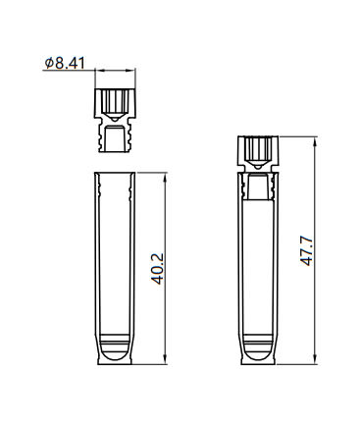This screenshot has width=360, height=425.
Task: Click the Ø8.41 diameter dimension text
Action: point(65,63)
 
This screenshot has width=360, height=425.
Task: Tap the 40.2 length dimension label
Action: point(158,268)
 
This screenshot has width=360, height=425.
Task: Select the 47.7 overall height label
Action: point(307,250)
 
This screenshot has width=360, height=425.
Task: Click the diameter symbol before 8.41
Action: point(49,63)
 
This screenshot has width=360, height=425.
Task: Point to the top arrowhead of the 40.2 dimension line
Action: point(166,177)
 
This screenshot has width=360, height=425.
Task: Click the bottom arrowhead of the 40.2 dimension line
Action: point(166,359)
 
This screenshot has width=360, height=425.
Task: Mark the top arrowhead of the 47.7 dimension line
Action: point(315,140)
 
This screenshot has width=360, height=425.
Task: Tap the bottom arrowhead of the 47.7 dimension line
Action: point(315,359)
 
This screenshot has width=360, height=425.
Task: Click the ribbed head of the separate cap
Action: point(115,102)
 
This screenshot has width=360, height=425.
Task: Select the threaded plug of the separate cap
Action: point(115,136)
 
